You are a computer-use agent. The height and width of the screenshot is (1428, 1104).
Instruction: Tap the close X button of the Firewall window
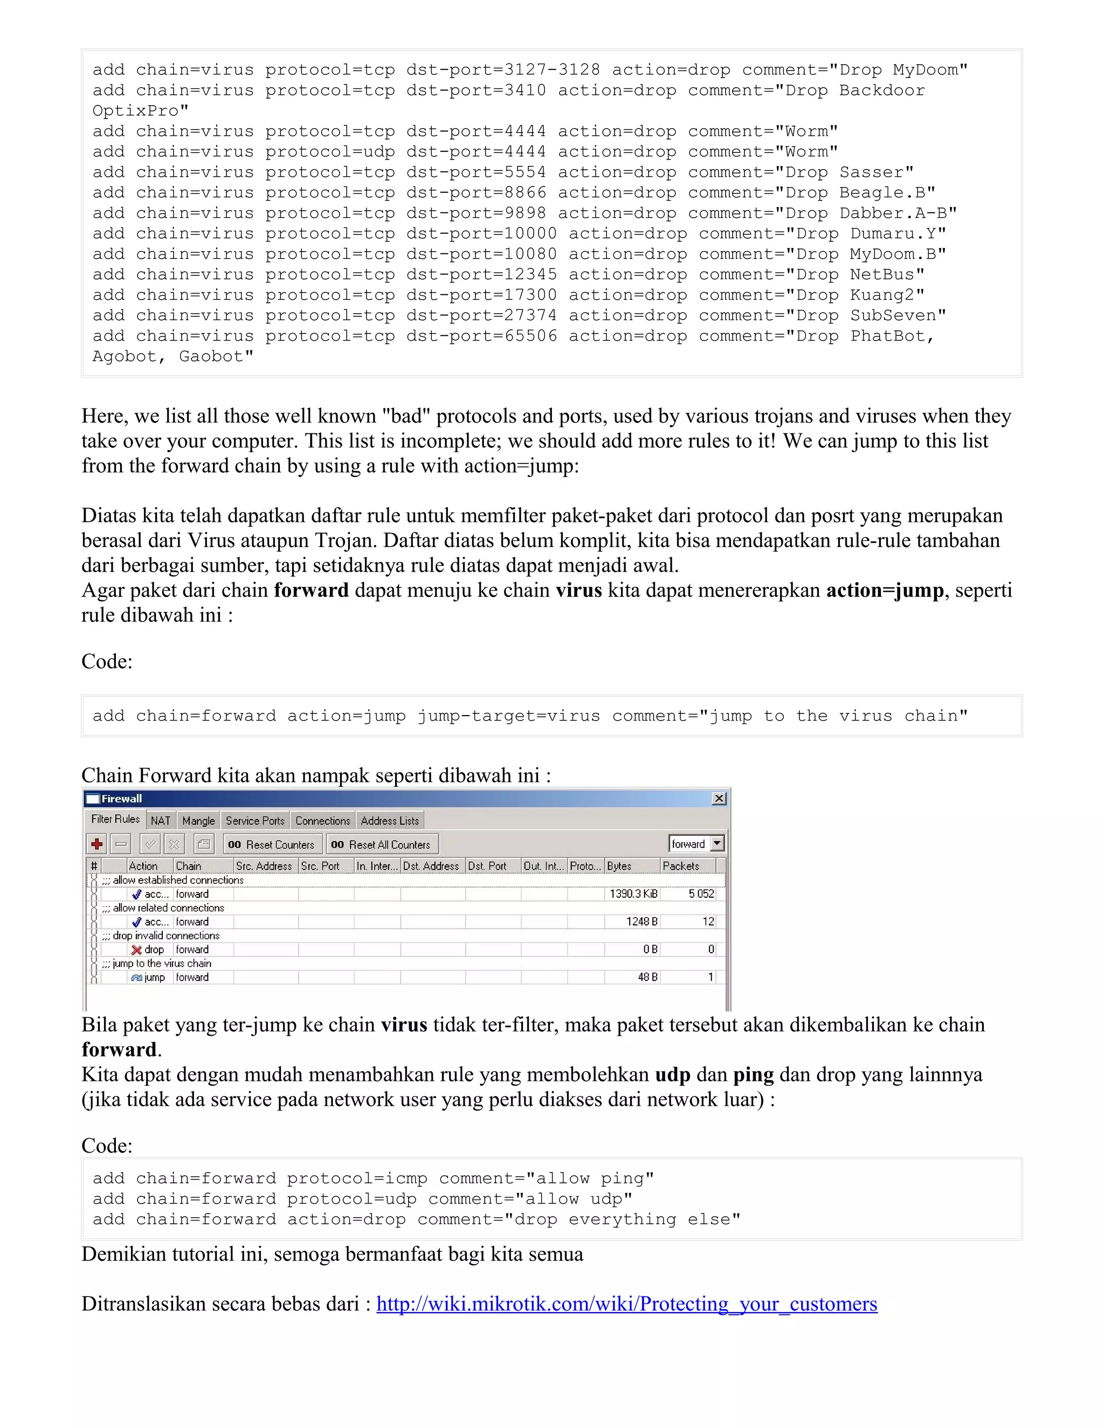point(719,799)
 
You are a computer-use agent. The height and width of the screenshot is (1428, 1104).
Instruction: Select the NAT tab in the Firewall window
point(160,821)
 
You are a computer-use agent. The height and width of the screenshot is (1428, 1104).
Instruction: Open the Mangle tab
point(198,821)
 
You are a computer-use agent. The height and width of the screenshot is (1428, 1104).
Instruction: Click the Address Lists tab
point(390,821)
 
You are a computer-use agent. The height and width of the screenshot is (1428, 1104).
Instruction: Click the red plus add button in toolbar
point(98,844)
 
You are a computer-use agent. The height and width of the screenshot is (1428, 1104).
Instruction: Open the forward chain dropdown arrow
point(717,843)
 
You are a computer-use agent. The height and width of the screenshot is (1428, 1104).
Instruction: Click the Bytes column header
point(631,866)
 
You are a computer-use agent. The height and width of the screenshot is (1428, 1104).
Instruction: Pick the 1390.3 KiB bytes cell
point(632,894)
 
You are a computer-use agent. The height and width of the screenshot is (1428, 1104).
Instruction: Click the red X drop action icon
point(137,949)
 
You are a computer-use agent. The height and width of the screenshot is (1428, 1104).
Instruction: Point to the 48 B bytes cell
point(647,978)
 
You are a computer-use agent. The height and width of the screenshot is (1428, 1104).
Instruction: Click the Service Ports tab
point(255,821)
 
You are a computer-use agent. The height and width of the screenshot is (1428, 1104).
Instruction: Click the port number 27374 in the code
point(530,315)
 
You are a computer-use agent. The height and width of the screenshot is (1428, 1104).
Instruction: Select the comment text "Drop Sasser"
point(843,172)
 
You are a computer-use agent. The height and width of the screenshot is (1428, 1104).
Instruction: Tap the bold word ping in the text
point(753,1075)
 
